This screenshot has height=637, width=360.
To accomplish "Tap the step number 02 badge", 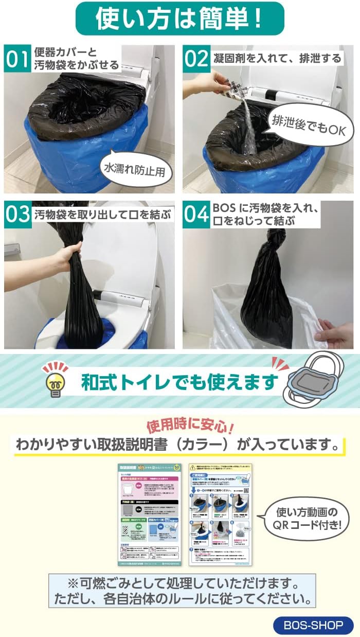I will (x=195, y=59).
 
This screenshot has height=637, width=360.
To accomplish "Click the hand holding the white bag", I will (x=334, y=332).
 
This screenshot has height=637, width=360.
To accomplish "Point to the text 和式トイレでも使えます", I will (x=179, y=381).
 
